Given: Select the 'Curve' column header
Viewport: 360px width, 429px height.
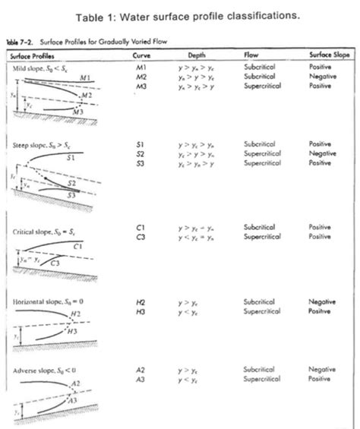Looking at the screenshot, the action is [x=141, y=55].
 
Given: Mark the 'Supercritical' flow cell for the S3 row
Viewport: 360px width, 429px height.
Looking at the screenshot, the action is [x=261, y=162].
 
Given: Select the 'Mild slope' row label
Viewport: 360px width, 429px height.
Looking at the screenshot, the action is [x=32, y=67].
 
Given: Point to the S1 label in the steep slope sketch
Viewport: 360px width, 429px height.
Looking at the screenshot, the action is [x=70, y=157].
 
